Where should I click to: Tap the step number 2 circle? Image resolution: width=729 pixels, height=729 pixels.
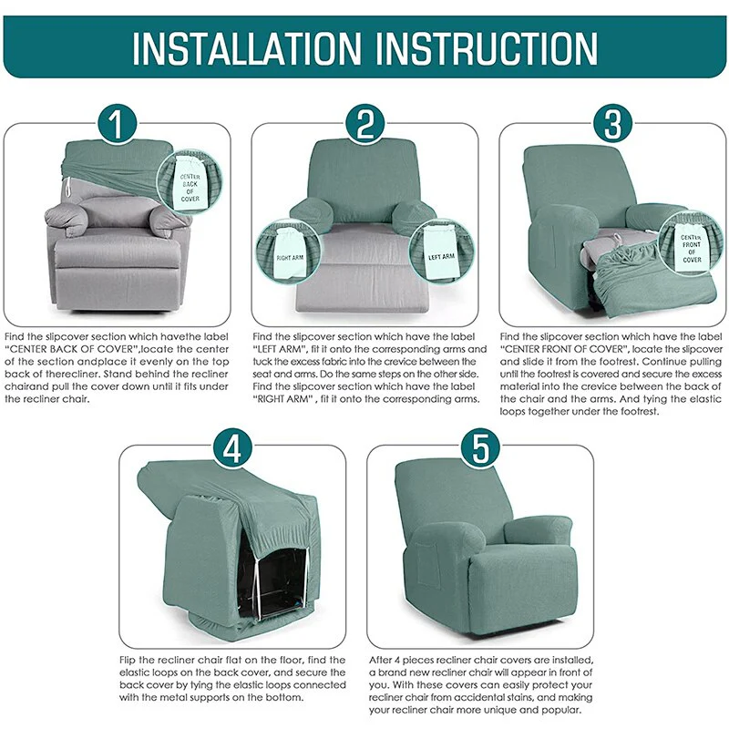point(364,124)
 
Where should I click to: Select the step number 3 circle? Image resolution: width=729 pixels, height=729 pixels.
point(612,124)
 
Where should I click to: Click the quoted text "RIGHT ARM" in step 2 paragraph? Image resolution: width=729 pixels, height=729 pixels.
point(283,399)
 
